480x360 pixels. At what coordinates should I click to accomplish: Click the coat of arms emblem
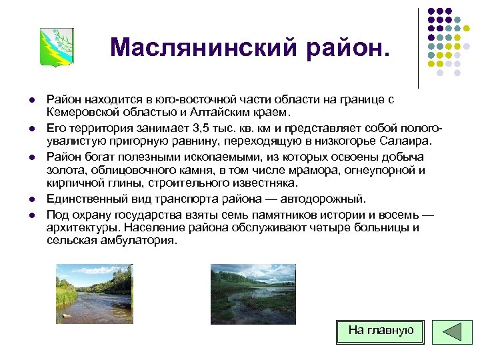(x=57, y=47)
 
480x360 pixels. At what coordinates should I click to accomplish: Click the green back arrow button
(x=452, y=332)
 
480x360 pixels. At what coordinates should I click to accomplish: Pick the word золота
(x=63, y=170)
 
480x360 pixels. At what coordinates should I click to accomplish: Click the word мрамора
(x=310, y=170)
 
